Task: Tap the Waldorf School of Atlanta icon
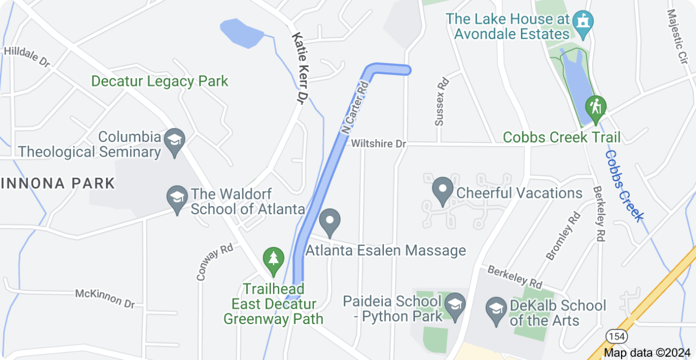177,197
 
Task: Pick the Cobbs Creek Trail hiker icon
596,106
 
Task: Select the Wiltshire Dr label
379,144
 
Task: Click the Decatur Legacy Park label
159,82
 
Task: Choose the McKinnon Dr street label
104,298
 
